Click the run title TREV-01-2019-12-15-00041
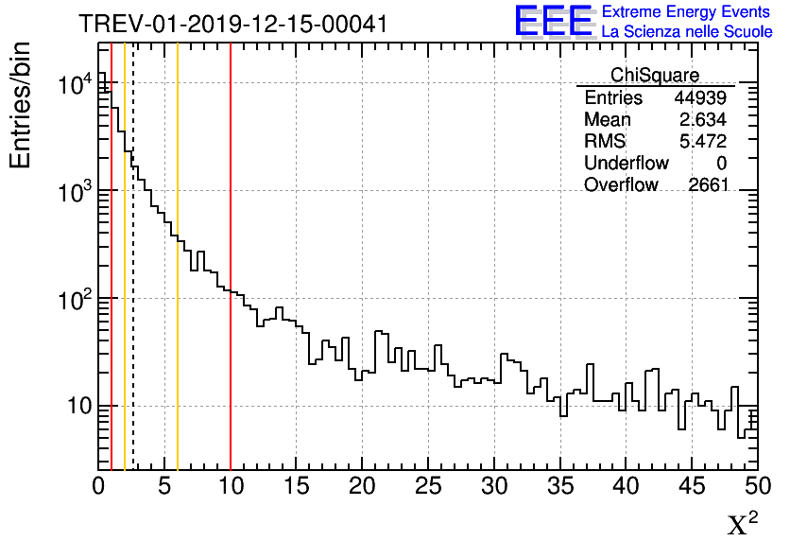click(x=232, y=24)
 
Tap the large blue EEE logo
click(x=554, y=21)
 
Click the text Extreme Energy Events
click(x=687, y=12)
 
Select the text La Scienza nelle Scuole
click(x=687, y=32)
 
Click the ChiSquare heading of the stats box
click(x=655, y=75)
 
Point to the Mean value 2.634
click(x=706, y=120)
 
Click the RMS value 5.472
click(x=706, y=142)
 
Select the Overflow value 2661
click(x=709, y=185)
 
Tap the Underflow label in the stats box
click(x=626, y=164)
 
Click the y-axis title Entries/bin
click(x=21, y=105)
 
